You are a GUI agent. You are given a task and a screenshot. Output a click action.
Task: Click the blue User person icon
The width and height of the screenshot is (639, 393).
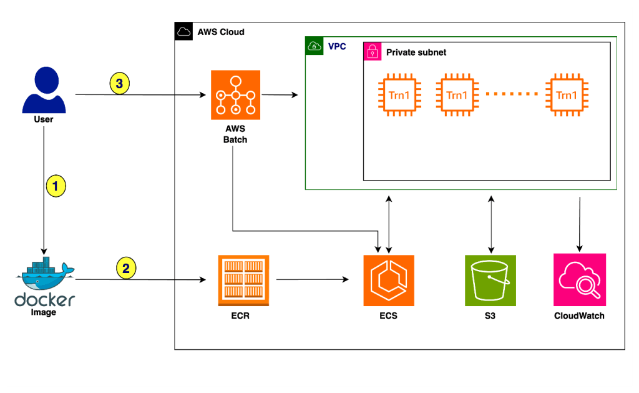(x=43, y=91)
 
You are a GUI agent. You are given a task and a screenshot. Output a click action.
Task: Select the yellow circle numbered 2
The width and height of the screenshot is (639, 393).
(x=126, y=269)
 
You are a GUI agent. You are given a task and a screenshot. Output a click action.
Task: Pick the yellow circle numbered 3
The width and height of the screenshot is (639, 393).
(x=120, y=83)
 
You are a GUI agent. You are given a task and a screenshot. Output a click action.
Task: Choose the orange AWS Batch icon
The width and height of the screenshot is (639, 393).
(x=235, y=95)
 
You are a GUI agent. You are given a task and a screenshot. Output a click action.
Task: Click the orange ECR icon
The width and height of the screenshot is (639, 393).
(x=243, y=281)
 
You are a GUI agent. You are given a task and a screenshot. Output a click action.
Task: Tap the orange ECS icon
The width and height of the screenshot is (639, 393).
(x=389, y=281)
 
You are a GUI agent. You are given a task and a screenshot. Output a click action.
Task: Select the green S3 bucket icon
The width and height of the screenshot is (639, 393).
(x=490, y=280)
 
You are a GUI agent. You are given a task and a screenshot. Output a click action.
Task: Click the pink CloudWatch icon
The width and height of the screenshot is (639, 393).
(x=580, y=279)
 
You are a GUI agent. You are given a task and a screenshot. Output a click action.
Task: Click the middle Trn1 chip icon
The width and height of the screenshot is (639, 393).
(x=456, y=95)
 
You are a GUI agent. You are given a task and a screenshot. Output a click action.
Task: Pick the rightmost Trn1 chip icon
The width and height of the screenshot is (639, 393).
(x=566, y=95)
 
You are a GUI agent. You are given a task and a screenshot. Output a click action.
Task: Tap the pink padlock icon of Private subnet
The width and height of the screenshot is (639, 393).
(x=373, y=52)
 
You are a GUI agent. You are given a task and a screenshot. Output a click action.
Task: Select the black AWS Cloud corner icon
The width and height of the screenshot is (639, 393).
(x=183, y=31)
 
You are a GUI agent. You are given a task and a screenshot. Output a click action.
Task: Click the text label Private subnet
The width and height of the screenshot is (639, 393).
(x=416, y=52)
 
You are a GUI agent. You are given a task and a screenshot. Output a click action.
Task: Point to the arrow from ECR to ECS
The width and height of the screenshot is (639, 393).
(x=312, y=281)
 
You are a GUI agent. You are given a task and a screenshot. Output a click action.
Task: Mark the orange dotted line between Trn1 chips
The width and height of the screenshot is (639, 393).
(x=511, y=94)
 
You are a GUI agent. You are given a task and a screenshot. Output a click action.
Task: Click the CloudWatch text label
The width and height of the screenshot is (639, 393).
(x=579, y=316)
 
